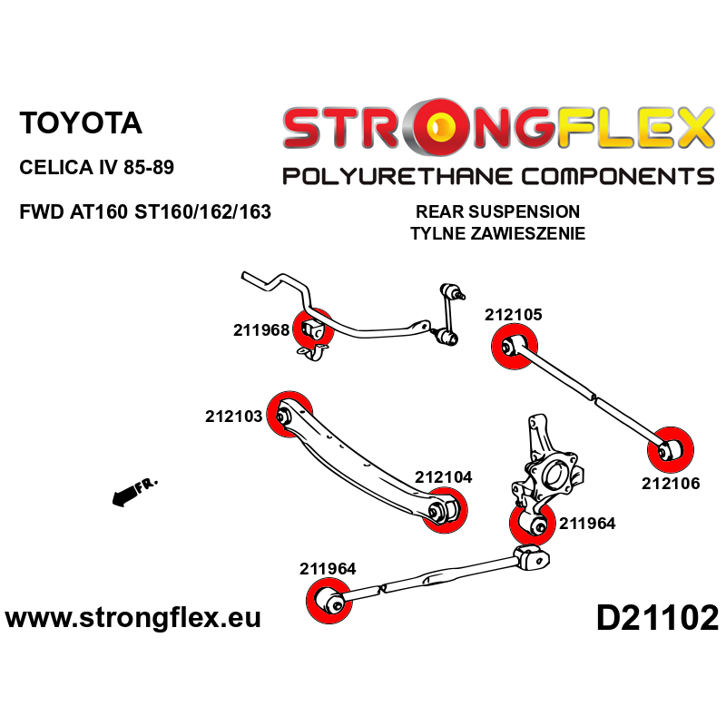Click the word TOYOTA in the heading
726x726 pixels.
point(81,123)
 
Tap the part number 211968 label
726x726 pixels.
point(261,330)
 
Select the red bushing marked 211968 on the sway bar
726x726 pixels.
point(312,329)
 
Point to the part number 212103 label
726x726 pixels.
point(233,417)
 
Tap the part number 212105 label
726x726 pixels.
point(514,316)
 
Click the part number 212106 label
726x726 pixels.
point(671,484)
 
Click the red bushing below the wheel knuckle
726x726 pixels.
point(531,525)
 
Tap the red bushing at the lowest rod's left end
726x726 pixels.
point(329,600)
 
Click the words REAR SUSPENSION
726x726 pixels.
point(497,211)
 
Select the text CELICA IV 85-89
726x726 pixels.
point(97,169)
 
